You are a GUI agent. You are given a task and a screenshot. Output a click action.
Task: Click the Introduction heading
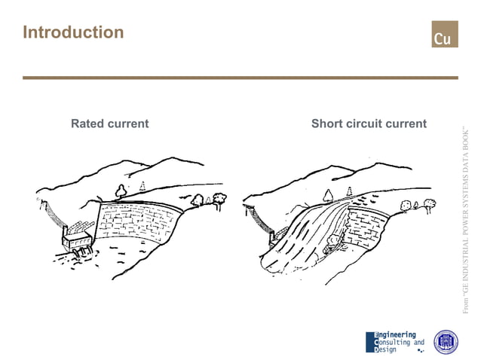click(73, 32)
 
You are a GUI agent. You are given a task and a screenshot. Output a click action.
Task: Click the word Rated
click(87, 124)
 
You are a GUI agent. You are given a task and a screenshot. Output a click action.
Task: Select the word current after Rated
click(128, 124)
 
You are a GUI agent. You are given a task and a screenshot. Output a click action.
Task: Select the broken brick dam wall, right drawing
click(366, 226)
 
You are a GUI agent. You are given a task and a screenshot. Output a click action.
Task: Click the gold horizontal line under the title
click(240, 78)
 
